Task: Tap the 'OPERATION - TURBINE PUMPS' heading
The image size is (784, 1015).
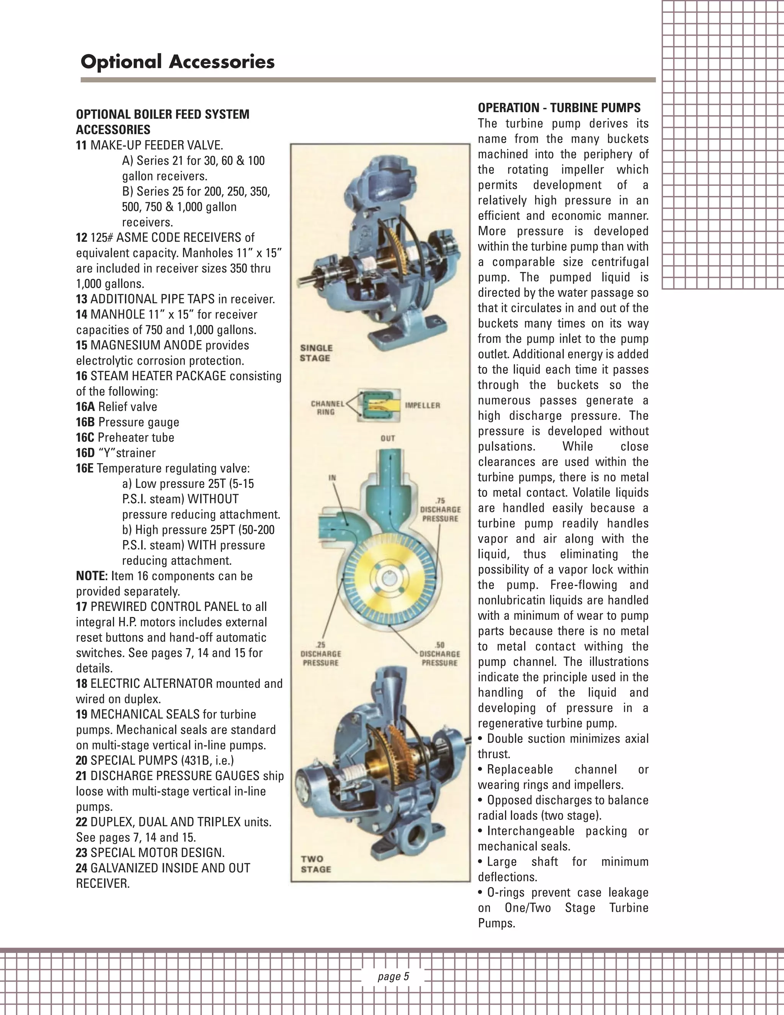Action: pyautogui.click(x=559, y=108)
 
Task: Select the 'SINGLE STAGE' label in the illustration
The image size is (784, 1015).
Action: pyautogui.click(x=316, y=353)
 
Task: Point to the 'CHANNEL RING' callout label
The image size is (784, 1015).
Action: pyautogui.click(x=327, y=408)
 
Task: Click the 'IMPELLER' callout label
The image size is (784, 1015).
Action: pyautogui.click(x=422, y=405)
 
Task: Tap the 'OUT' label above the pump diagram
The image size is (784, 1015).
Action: pyautogui.click(x=387, y=438)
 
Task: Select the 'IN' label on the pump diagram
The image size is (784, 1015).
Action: pyautogui.click(x=332, y=477)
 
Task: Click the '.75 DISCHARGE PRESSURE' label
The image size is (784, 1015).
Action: pyautogui.click(x=440, y=510)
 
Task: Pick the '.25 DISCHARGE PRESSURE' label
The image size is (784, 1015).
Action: pyautogui.click(x=320, y=654)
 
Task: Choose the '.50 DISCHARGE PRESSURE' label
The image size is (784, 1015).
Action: pyautogui.click(x=439, y=654)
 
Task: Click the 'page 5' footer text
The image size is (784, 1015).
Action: pyautogui.click(x=393, y=976)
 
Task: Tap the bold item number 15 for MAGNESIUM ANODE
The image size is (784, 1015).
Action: pyautogui.click(x=82, y=345)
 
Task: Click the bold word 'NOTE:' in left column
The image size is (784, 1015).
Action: pyautogui.click(x=91, y=576)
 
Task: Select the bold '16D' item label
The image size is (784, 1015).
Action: pyautogui.click(x=85, y=453)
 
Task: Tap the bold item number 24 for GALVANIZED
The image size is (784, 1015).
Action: pyautogui.click(x=82, y=868)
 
